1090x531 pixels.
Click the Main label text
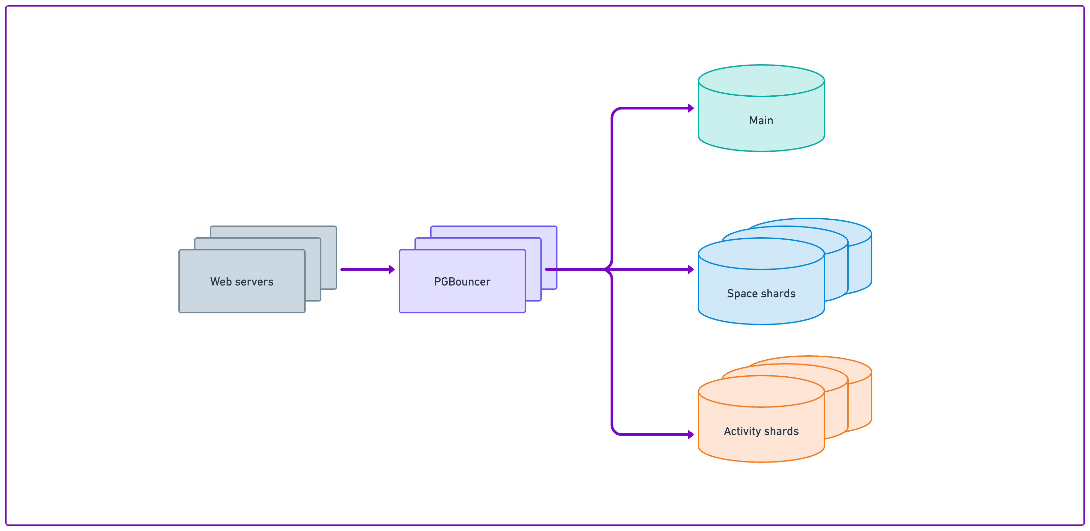[761, 121]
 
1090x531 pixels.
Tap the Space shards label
[761, 294]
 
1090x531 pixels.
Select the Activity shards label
[761, 431]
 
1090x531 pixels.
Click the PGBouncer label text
[462, 282]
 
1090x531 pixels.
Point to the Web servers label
[242, 282]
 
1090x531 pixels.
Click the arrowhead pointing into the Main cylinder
[691, 108]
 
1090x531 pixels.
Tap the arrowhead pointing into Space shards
[691, 269]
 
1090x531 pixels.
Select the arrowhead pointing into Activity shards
[691, 435]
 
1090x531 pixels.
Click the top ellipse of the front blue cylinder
[761, 254]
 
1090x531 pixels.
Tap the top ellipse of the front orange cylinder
[761, 391]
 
